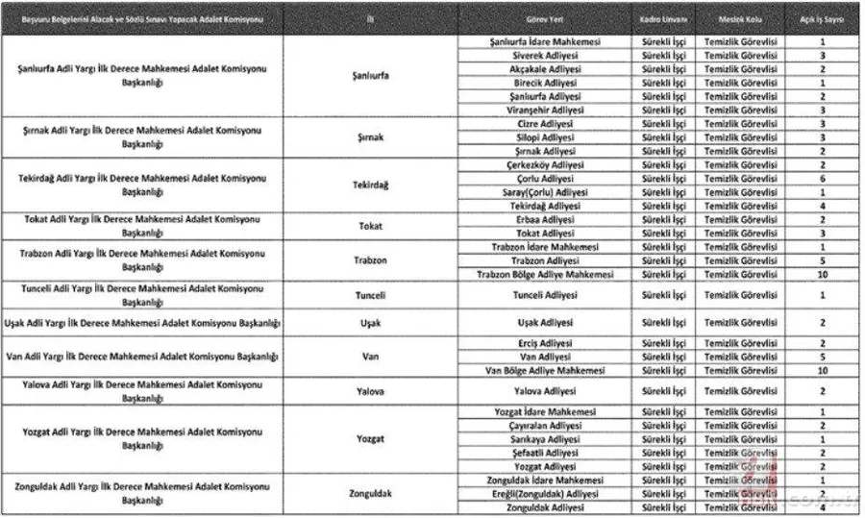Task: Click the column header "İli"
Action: coord(370,19)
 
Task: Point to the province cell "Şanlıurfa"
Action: coord(370,76)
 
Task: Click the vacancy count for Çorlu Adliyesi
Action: coord(823,179)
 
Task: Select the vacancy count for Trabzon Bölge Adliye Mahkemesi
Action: coord(823,274)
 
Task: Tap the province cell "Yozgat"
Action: coord(370,439)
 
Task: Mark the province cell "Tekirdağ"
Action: coord(370,185)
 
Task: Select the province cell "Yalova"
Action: coord(370,391)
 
